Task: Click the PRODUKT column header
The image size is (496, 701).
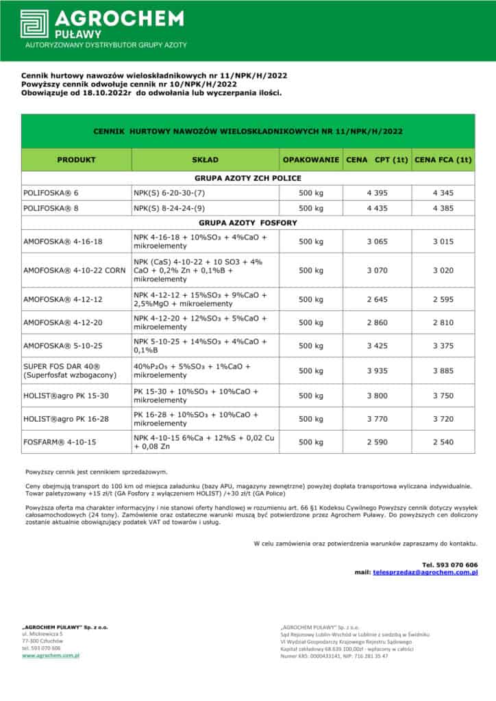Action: click(76, 160)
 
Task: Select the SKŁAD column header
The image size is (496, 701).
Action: click(205, 160)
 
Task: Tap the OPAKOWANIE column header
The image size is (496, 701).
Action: click(311, 160)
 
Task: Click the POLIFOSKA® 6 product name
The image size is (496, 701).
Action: click(51, 194)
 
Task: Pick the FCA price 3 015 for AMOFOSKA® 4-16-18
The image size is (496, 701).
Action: click(443, 242)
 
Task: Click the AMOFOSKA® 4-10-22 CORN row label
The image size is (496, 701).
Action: click(74, 270)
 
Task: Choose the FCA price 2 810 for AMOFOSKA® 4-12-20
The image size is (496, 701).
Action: click(443, 322)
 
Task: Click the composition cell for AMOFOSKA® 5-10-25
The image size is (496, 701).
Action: click(200, 345)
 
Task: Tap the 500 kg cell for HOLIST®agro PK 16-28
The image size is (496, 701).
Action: click(311, 419)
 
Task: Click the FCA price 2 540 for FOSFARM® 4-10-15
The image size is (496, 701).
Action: click(443, 442)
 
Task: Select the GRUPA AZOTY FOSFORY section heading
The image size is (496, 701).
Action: click(247, 222)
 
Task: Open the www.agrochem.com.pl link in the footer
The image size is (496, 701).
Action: click(51, 655)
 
